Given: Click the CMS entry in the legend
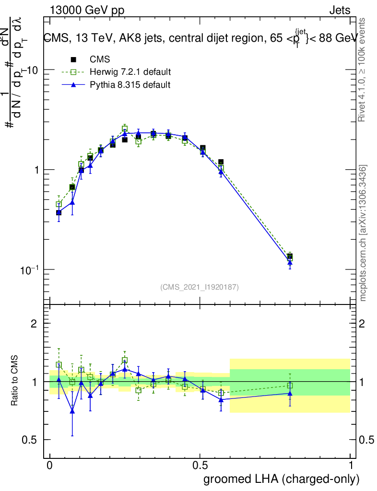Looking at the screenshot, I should (x=100, y=59).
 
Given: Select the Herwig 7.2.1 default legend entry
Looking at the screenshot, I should (x=130, y=72).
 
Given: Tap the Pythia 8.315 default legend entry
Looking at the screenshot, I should (x=130, y=85).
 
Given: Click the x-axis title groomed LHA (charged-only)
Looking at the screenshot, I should (x=282, y=479).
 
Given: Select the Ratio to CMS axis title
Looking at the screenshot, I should (x=15, y=381).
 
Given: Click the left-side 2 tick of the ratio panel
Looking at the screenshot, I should (x=34, y=324).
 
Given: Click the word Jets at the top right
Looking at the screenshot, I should (x=340, y=11).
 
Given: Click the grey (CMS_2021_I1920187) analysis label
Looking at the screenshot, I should (x=200, y=287).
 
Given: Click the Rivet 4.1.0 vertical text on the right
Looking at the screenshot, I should (x=364, y=70).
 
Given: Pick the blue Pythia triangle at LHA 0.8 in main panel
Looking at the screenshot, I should (x=290, y=262).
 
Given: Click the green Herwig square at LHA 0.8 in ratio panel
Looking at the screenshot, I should (x=290, y=386).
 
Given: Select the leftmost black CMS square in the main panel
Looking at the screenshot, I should (x=59, y=212).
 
